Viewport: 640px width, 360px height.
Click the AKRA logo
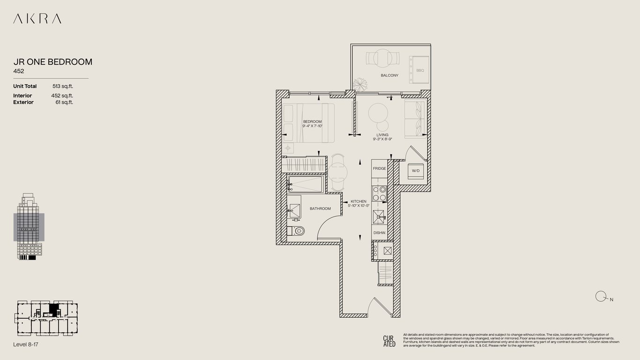pos(37,19)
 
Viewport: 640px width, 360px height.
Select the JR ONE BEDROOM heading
pos(52,62)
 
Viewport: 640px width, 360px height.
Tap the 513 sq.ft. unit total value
pos(63,86)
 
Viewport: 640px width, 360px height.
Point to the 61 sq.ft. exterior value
pos(64,102)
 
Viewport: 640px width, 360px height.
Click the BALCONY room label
pos(389,75)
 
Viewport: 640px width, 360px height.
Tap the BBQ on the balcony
pos(419,70)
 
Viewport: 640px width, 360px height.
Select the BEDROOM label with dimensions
pos(312,124)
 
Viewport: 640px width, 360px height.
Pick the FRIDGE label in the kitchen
pos(379,168)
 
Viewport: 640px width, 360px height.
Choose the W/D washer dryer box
pos(416,171)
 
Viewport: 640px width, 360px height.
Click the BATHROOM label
pos(320,209)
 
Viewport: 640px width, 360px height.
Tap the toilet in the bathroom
pos(296,231)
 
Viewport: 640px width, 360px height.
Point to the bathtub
pos(305,184)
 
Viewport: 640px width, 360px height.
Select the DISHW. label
pos(379,233)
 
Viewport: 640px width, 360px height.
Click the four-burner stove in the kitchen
pos(380,194)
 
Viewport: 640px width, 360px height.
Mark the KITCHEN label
pos(358,203)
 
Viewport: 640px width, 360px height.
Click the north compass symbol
pos(600,296)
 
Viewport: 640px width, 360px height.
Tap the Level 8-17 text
pos(26,345)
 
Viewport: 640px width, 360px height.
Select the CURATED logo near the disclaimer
pos(389,341)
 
